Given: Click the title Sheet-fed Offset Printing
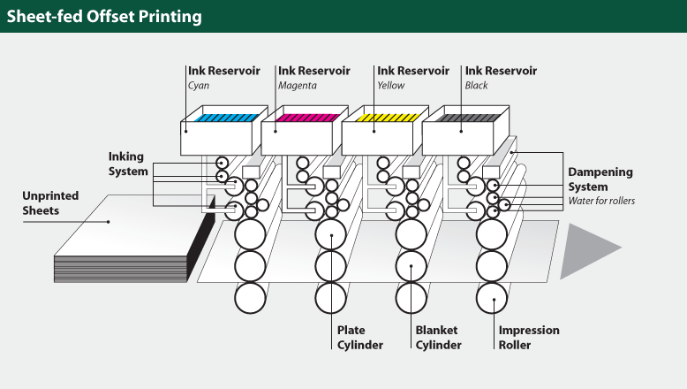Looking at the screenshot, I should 104,17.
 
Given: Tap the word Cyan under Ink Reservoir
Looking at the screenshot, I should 199,86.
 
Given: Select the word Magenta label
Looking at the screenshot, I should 298,86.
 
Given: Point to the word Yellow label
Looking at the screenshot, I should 391,86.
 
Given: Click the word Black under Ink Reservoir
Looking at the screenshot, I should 477,86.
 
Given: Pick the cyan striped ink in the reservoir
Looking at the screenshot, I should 226,118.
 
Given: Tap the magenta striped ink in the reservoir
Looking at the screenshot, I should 306,118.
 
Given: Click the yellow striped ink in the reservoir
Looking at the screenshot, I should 387,118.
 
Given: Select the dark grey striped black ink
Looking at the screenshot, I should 467,118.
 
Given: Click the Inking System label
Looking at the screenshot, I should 128,164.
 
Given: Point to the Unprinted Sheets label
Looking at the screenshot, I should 50,202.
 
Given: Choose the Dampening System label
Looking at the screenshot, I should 600,180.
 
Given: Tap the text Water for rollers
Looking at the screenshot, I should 603,201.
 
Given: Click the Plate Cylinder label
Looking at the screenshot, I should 360,338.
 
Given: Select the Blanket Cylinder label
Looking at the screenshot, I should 439,338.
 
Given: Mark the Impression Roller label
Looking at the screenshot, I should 529,338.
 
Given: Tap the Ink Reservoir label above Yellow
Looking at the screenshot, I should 413,71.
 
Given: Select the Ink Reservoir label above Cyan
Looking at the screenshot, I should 224,71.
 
